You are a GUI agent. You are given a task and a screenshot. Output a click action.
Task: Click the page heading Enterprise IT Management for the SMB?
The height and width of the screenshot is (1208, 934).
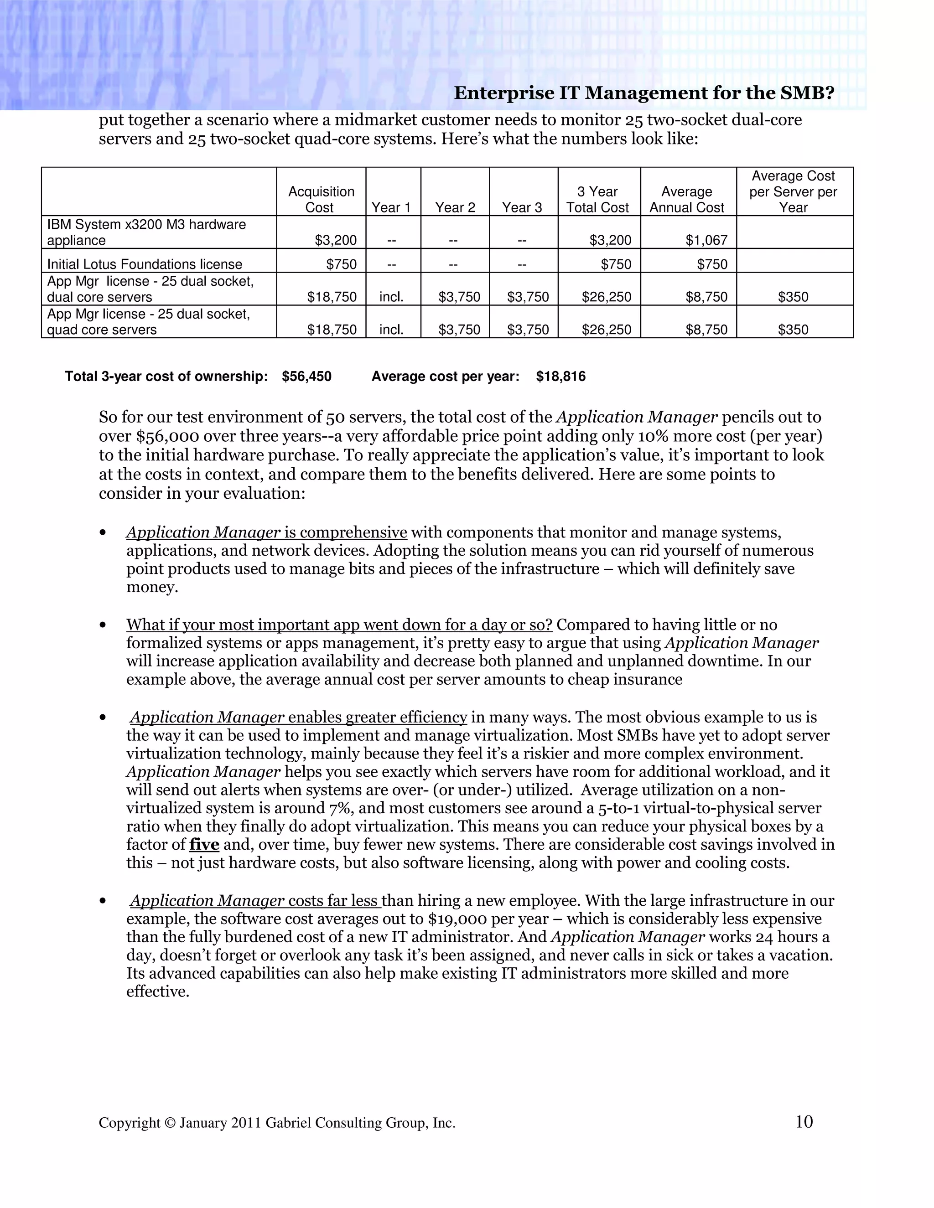643,93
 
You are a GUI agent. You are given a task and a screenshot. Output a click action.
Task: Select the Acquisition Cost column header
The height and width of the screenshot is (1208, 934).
321,199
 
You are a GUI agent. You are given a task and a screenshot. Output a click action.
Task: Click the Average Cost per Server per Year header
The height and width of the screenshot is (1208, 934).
793,191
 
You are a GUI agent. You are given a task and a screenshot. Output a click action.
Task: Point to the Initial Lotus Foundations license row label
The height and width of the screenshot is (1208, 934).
145,264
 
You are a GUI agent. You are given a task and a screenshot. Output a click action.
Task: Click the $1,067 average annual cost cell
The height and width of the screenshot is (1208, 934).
706,240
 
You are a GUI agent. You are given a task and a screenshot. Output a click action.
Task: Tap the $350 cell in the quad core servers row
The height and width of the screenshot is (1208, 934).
793,330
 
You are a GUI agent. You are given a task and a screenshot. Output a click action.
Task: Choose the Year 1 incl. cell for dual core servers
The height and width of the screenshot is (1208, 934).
391,297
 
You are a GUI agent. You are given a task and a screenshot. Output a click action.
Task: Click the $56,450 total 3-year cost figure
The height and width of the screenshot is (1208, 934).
306,377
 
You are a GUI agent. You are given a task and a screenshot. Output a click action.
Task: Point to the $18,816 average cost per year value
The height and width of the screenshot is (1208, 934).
560,377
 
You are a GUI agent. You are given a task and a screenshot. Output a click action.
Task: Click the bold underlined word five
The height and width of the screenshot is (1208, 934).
204,845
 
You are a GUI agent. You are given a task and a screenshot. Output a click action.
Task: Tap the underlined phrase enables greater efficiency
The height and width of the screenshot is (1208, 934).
377,718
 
